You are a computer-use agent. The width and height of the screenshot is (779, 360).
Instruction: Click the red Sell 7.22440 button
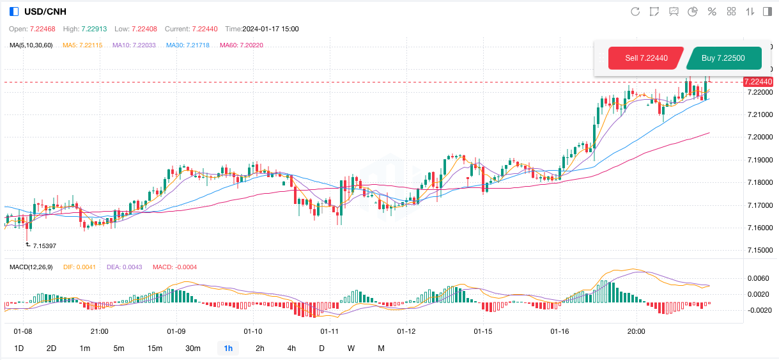pyautogui.click(x=646, y=58)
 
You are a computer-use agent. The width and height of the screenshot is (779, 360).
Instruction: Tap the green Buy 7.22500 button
pyautogui.click(x=723, y=58)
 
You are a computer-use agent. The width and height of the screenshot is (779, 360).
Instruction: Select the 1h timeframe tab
pyautogui.click(x=228, y=348)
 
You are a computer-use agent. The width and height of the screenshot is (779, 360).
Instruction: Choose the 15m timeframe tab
pyautogui.click(x=155, y=348)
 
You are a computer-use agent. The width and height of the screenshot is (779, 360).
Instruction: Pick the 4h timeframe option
pyautogui.click(x=291, y=348)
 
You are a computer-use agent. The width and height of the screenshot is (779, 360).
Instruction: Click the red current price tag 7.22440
pyautogui.click(x=759, y=82)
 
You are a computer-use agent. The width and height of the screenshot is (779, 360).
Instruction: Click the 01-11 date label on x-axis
pyautogui.click(x=329, y=331)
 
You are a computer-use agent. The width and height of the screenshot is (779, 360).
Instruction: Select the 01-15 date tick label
pyautogui.click(x=482, y=331)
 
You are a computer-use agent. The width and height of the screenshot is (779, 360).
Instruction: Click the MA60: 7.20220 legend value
pyautogui.click(x=241, y=45)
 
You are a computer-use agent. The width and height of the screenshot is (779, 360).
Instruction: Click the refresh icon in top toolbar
pyautogui.click(x=635, y=12)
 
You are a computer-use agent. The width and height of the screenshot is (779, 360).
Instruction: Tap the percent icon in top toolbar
pyautogui.click(x=712, y=12)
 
